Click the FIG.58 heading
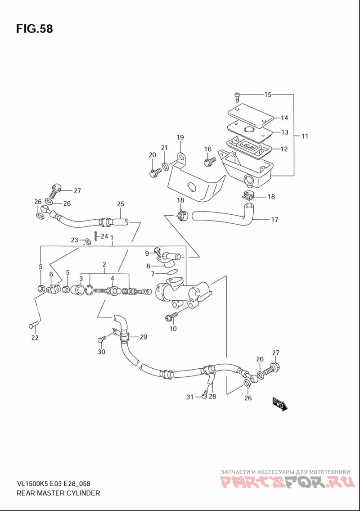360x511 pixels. [x=34, y=29]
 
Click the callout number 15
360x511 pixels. [x=267, y=95]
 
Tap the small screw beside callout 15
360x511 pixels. [x=237, y=97]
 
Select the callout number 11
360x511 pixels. [x=305, y=136]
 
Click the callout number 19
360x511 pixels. [x=180, y=137]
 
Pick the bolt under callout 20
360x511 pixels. [x=155, y=172]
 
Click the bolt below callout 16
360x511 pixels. [x=209, y=162]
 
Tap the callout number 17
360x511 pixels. [x=274, y=220]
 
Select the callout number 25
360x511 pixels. [x=121, y=204]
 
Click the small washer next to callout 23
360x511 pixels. [x=87, y=241]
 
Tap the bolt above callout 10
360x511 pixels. [x=171, y=316]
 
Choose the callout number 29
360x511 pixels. [x=144, y=337]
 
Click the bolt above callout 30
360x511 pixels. [x=101, y=339]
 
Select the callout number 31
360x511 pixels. [x=189, y=397]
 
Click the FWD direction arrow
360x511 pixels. [x=280, y=404]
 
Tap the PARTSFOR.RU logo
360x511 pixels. [x=287, y=482]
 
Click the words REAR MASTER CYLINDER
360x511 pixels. [x=58, y=493]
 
